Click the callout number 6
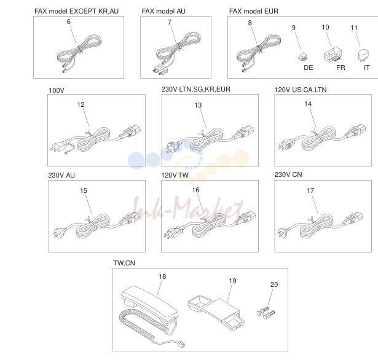coord(69,22)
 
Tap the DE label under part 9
coord(309,68)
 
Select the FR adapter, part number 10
coord(333,55)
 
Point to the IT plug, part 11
coord(363,56)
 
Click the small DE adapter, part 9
coord(302,57)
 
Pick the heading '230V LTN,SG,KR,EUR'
coord(195,90)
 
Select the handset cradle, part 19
coord(216,313)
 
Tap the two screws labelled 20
coord(266,313)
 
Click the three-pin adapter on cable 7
coord(160,69)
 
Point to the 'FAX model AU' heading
coord(163,11)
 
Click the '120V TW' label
coord(175,175)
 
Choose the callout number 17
coord(310,190)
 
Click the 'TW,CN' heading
coord(124,263)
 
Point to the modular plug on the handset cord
coord(181,344)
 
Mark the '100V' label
coord(57,90)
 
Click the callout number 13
coord(198,105)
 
